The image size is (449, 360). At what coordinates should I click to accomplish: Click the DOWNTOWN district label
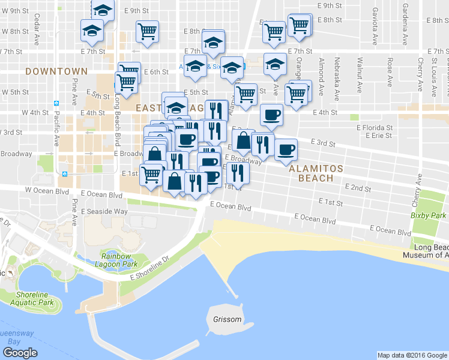[x=56, y=71]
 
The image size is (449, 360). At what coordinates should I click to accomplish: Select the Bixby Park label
[x=429, y=215]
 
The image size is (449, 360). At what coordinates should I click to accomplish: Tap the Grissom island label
[x=227, y=319]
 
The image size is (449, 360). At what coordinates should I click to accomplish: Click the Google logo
[x=20, y=352]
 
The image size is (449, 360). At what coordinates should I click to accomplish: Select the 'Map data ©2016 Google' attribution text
[x=412, y=355]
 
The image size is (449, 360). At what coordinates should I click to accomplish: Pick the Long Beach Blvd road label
[x=118, y=115]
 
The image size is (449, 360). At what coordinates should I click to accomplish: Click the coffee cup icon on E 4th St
[x=271, y=113]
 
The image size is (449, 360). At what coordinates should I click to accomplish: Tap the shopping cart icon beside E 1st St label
[x=151, y=175]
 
